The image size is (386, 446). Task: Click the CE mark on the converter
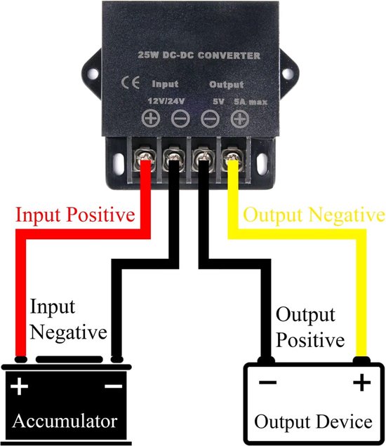pyautogui.click(x=131, y=83)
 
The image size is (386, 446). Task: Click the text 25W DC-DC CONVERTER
pyautogui.click(x=198, y=55)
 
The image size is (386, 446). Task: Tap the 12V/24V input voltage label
pyautogui.click(x=164, y=100)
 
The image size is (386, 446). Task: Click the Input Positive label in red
pyautogui.click(x=75, y=214)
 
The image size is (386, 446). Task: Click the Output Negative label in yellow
pyautogui.click(x=313, y=215)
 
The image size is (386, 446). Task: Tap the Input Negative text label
pyautogui.click(x=68, y=319)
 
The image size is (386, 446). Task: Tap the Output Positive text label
pyautogui.click(x=310, y=327)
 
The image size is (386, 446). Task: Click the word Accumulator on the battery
pyautogui.click(x=64, y=422)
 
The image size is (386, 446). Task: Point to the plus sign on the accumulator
pyautogui.click(x=20, y=386)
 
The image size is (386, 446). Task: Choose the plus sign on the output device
pyautogui.click(x=361, y=383)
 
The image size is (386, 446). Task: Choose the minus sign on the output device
pyautogui.click(x=265, y=383)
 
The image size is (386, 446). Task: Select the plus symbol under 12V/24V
pyautogui.click(x=150, y=118)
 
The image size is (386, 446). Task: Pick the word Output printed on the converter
pyautogui.click(x=225, y=84)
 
